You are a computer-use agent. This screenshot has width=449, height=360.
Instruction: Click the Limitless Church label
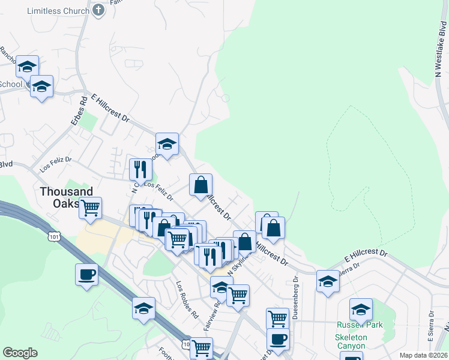pyautogui.click(x=59, y=10)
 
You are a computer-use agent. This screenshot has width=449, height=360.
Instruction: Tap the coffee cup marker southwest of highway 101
pyautogui.click(x=86, y=274)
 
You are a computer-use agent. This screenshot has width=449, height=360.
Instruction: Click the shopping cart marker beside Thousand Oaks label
pyautogui.click(x=90, y=208)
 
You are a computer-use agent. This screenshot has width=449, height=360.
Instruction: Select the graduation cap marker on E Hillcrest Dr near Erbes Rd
pyautogui.click(x=167, y=144)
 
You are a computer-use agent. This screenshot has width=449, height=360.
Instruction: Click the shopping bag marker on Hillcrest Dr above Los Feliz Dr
pyautogui.click(x=200, y=185)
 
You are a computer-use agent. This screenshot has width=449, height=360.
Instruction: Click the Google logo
pyautogui.click(x=20, y=353)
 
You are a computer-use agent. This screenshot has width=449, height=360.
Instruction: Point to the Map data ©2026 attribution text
pyautogui.click(x=423, y=355)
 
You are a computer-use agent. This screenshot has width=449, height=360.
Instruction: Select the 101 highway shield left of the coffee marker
pyautogui.click(x=54, y=237)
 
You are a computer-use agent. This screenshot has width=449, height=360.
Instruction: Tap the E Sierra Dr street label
pyautogui.click(x=431, y=323)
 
